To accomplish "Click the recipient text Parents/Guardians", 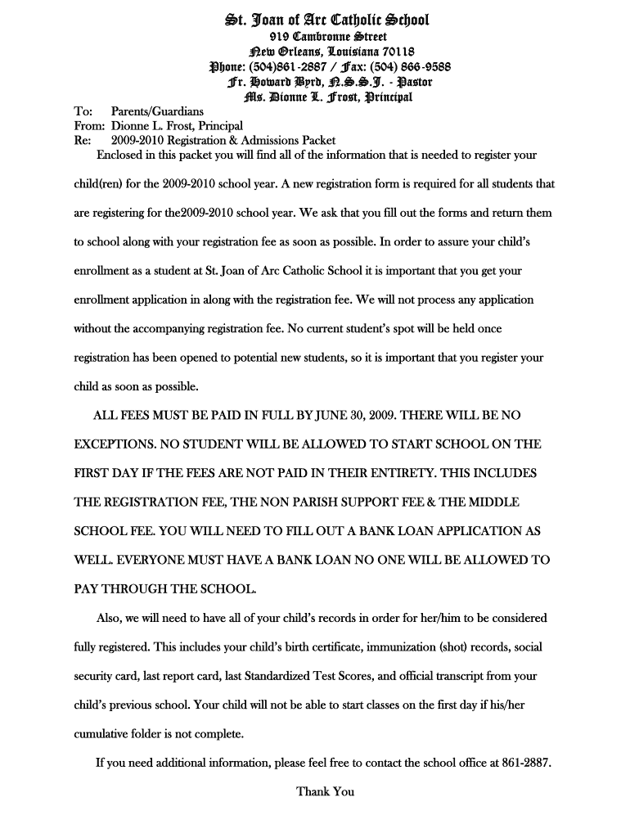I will click(x=157, y=111).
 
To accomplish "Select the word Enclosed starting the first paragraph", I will click(x=122, y=155).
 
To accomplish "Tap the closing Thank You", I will click(x=325, y=791).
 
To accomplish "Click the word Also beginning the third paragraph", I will click(x=110, y=618).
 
